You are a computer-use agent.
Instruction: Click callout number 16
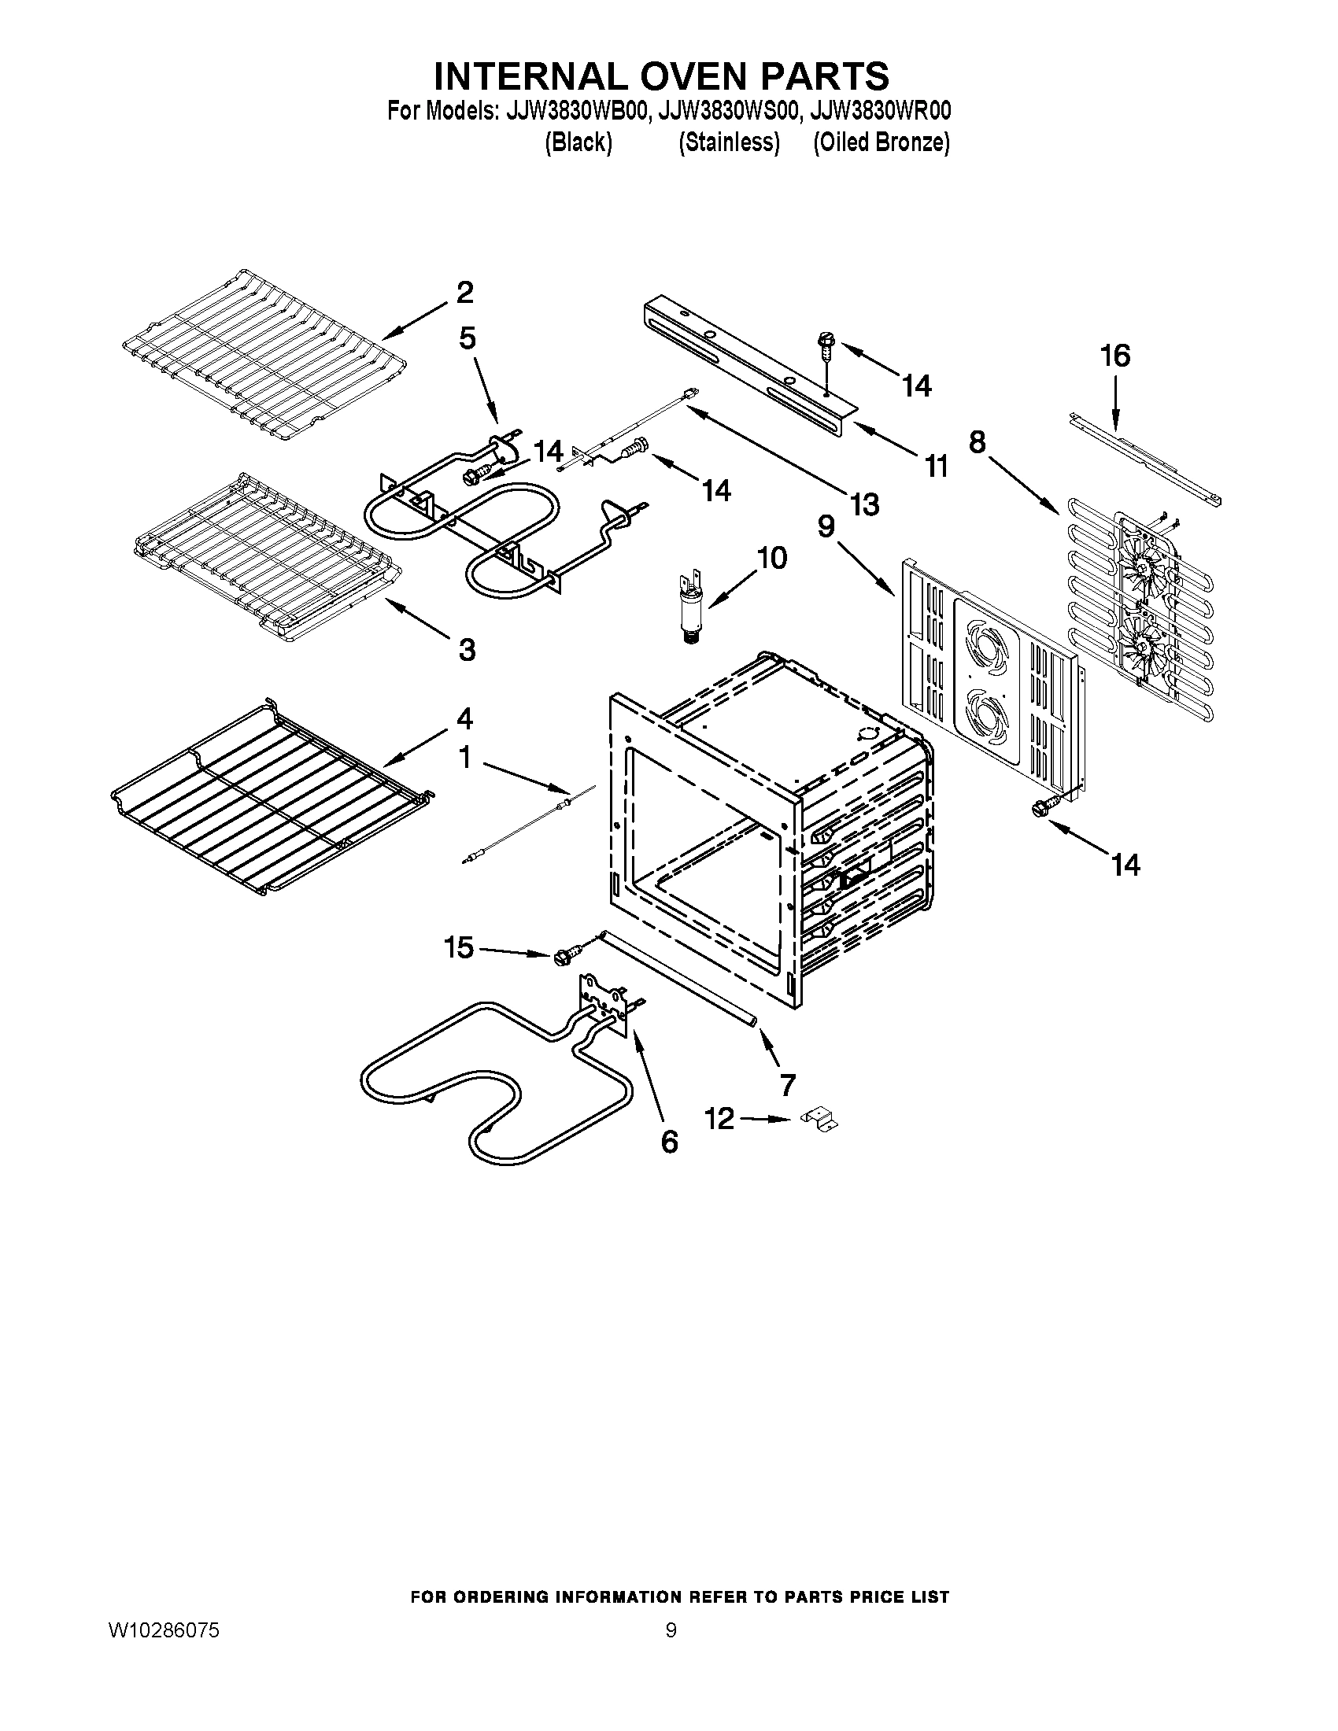1114,356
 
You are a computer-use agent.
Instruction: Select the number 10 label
771,558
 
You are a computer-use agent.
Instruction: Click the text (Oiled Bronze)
881,142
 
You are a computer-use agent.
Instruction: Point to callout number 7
787,1084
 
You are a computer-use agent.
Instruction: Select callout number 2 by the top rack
464,293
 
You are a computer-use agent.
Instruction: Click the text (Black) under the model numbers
578,142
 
